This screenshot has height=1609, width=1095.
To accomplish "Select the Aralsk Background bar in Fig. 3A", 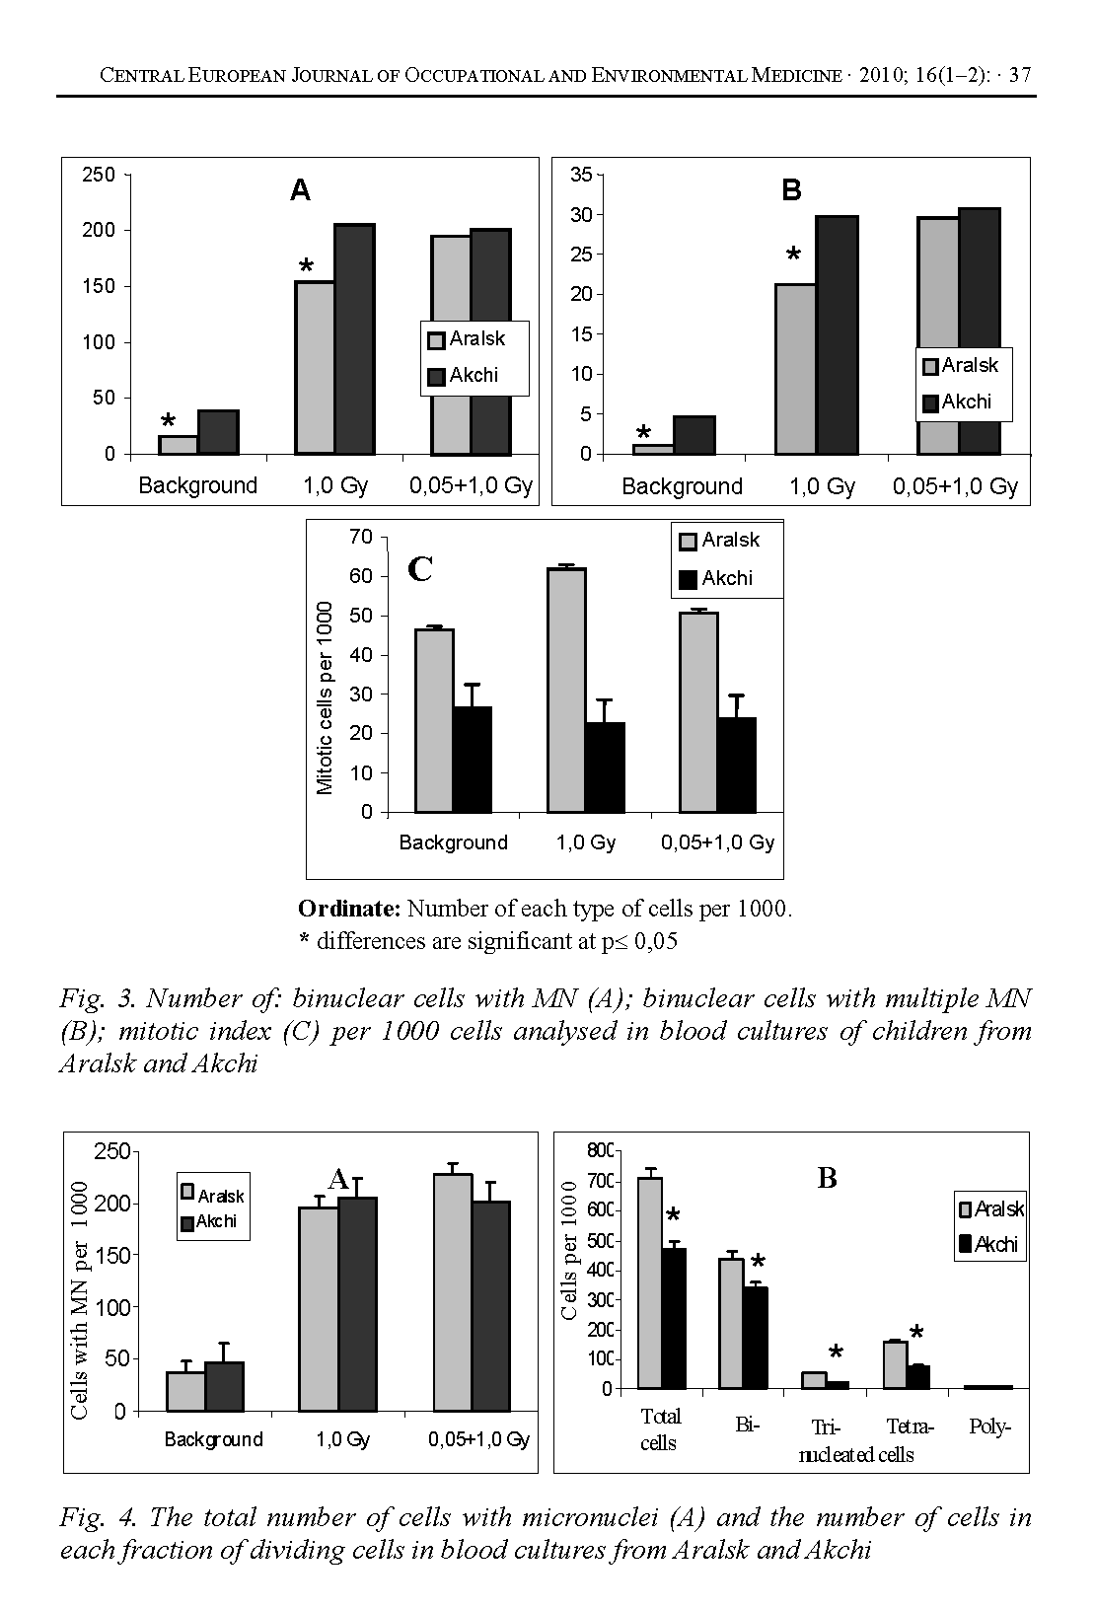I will [179, 445].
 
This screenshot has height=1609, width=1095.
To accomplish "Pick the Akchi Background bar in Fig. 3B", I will [694, 435].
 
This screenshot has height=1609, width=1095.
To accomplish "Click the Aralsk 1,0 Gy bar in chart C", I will [566, 691].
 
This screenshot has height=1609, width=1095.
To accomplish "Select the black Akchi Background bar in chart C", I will [473, 760].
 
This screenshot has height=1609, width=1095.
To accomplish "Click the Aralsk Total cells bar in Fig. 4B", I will [649, 1282].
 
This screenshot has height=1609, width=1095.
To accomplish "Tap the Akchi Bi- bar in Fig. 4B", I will [756, 1338].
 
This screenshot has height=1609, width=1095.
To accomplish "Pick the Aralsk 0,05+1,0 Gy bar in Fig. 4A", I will [453, 1292].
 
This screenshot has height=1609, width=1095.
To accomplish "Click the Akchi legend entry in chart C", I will [717, 578].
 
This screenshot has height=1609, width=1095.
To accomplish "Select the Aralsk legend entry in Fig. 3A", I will [467, 339].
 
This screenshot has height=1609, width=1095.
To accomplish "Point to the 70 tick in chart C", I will [361, 537].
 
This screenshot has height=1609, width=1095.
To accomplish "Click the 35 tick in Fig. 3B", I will [581, 176].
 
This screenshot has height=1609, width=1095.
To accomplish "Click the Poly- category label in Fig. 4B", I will [990, 1427].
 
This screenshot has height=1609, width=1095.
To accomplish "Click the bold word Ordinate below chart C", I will [349, 908].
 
